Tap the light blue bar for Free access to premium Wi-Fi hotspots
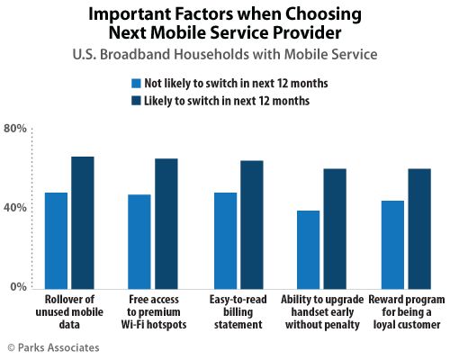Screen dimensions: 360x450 coord(139,240)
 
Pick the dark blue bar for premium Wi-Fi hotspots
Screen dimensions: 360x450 coord(166,222)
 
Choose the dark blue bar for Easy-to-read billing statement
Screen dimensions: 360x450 coord(252,223)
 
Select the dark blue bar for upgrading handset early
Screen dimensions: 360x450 coord(335,228)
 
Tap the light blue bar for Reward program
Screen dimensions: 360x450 coord(392,244)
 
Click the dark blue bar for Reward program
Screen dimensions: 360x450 coord(419,228)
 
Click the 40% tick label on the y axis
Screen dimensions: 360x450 coord(14,207)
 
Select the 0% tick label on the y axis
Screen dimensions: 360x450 coord(18,287)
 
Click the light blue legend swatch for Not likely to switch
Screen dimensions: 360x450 coord(136,83)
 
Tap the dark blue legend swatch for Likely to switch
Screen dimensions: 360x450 coord(136,101)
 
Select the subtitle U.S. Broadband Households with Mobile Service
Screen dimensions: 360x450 coord(224,56)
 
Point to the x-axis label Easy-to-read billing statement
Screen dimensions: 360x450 coord(238,310)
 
